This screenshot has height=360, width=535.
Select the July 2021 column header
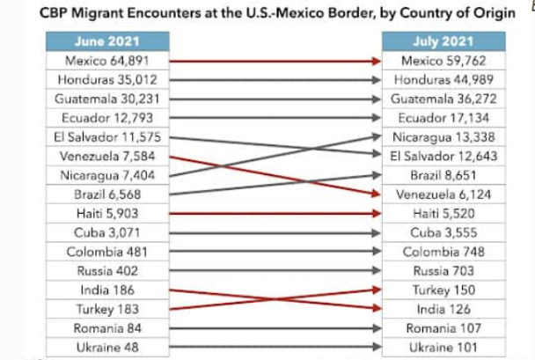443,41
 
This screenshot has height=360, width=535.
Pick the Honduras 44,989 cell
443,80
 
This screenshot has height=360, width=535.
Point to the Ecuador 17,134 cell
443,118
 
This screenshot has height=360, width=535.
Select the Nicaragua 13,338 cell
443,137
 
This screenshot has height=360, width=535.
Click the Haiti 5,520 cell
443,214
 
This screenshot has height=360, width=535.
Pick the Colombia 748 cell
443,252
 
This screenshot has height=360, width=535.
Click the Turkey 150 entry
443,290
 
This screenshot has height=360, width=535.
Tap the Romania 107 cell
443,327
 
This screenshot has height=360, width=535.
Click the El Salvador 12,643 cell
443,157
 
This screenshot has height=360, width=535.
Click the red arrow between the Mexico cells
275,61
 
